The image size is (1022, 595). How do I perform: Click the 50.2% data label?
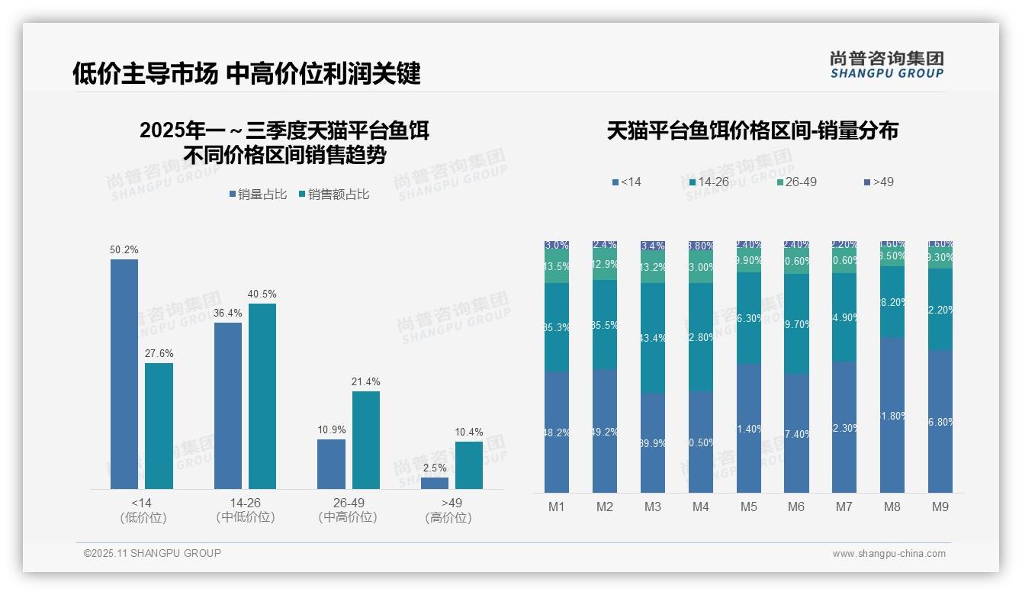124,250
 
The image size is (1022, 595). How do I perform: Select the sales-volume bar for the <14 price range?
124,374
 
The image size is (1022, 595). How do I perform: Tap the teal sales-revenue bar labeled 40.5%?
262,396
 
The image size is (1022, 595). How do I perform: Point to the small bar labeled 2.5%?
435,483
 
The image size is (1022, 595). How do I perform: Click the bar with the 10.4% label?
469,465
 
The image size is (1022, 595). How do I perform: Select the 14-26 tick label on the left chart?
246,503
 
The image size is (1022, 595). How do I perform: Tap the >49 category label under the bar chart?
452,503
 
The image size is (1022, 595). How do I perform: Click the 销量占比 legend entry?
258,195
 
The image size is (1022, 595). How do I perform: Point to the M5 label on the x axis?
748,507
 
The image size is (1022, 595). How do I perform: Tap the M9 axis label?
940,507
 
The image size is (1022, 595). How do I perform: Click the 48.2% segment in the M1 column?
557,432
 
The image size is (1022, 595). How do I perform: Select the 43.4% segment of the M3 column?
653,338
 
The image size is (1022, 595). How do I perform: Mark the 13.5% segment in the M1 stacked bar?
557,267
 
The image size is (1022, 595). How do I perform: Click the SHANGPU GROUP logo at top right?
887,65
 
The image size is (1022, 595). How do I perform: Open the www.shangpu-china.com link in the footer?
889,554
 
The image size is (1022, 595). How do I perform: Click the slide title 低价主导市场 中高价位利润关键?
246,74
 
